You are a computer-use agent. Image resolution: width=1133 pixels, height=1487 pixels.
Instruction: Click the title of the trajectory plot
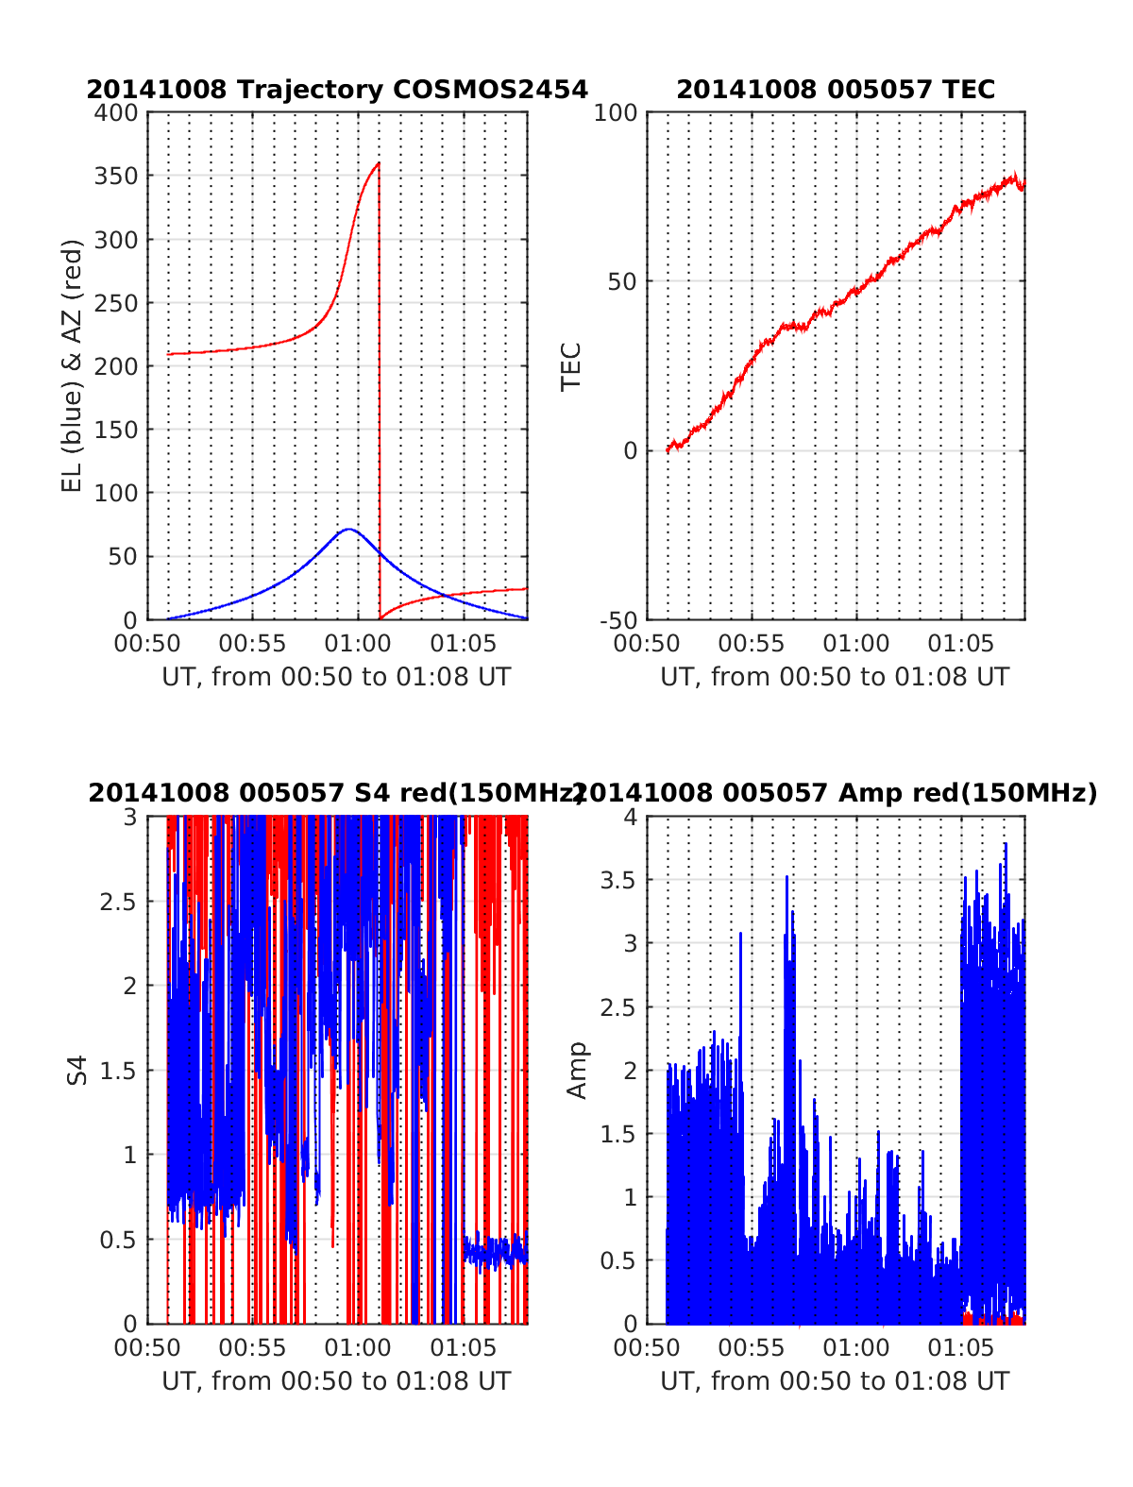click(x=337, y=90)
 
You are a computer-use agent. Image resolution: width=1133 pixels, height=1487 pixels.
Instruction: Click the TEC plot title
click(x=836, y=90)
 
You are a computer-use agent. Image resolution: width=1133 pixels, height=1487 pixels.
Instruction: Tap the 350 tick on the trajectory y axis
click(x=116, y=177)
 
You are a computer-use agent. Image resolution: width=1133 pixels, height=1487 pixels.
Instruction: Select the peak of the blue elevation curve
click(x=348, y=530)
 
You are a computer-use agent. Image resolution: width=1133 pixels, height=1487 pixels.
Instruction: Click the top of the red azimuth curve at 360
click(x=379, y=163)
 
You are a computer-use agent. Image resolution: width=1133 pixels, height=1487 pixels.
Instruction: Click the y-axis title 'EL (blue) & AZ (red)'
click(x=73, y=365)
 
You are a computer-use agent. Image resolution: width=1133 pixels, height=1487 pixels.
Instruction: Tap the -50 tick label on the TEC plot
click(x=618, y=620)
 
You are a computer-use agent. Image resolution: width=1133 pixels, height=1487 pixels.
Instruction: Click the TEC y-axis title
click(x=571, y=366)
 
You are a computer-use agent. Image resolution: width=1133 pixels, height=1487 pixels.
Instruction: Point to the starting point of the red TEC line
click(x=668, y=450)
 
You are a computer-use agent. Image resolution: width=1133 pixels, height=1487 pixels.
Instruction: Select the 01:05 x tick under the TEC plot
click(x=961, y=644)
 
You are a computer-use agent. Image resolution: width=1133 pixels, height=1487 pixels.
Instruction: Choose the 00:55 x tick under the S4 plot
click(x=252, y=1347)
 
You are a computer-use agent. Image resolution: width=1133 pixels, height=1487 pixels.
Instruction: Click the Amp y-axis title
click(x=576, y=1070)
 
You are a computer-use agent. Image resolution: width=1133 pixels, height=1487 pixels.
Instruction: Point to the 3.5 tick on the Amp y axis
click(x=617, y=881)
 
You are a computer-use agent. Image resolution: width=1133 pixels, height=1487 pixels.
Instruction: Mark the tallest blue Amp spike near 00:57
click(x=786, y=877)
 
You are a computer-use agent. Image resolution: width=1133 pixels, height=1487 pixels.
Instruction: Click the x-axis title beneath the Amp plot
click(x=835, y=1381)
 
